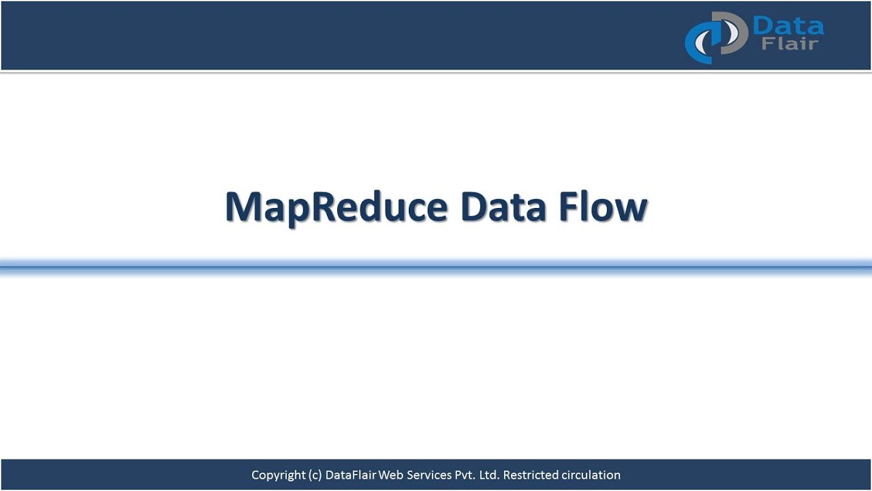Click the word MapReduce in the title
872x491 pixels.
336,207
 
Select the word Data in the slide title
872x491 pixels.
503,207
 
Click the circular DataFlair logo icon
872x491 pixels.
715,37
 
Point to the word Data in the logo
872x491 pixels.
788,27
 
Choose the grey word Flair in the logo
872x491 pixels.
791,45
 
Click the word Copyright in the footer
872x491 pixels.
279,475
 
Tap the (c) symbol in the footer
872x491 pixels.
315,475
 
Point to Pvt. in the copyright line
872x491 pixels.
466,475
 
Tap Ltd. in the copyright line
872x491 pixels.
489,475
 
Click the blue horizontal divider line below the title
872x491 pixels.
436,267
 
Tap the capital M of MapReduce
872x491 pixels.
242,207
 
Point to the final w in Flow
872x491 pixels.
631,209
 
